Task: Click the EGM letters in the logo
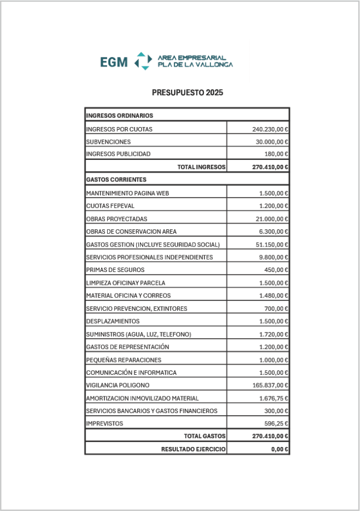[114, 62]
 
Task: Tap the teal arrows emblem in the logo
[143, 61]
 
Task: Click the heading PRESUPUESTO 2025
[187, 93]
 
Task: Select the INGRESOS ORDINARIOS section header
[119, 115]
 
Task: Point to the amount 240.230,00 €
[270, 129]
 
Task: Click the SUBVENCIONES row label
[108, 142]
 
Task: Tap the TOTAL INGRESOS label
[201, 167]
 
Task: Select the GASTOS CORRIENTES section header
[116, 179]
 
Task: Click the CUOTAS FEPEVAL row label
[110, 206]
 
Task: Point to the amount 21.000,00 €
[272, 219]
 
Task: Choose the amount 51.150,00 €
[272, 244]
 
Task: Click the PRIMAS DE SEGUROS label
[115, 270]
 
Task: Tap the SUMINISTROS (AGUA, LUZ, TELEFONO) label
[138, 334]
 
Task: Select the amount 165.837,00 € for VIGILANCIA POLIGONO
[270, 386]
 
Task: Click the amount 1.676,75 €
[273, 398]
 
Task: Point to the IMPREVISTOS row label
[104, 424]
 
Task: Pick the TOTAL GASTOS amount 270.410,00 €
[270, 436]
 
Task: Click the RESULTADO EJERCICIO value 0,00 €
[279, 449]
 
